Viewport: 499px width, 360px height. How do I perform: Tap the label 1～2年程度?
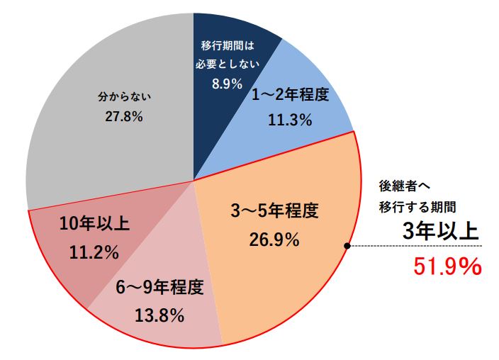pos(291,96)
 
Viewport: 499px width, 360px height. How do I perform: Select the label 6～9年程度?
pos(159,288)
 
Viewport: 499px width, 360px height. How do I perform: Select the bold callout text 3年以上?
pos(440,231)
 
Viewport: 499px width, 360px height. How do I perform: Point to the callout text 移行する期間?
pos(416,207)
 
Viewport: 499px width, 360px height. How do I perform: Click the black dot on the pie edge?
pos(347,246)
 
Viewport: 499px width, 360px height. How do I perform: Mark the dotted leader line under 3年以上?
pos(418,247)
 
